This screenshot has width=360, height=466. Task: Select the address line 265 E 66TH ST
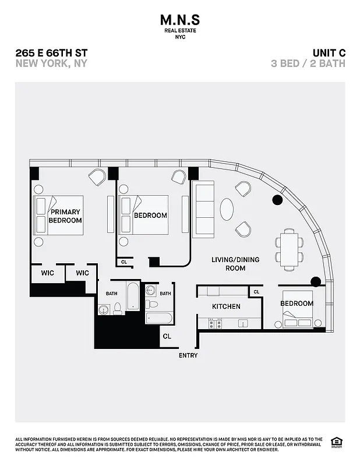pyautogui.click(x=51, y=52)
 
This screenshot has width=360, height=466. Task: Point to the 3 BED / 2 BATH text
pyautogui.click(x=308, y=63)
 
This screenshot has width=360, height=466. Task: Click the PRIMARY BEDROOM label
pyautogui.click(x=65, y=216)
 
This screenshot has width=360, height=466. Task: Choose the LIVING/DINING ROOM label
pyautogui.click(x=235, y=264)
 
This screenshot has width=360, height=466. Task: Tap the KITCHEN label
pyautogui.click(x=226, y=306)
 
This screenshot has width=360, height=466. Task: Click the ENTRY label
pyautogui.click(x=188, y=355)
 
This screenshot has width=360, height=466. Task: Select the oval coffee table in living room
pyautogui.click(x=227, y=210)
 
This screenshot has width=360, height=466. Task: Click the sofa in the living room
pyautogui.click(x=203, y=210)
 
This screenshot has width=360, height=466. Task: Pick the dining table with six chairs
pyautogui.click(x=289, y=249)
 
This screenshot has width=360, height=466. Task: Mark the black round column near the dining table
pyautogui.click(x=277, y=200)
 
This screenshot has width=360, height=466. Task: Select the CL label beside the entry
pyautogui.click(x=167, y=336)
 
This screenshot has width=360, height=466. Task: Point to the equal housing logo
pyautogui.click(x=336, y=442)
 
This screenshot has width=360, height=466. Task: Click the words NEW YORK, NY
pyautogui.click(x=51, y=63)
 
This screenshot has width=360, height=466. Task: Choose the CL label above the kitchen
pyautogui.click(x=256, y=292)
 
